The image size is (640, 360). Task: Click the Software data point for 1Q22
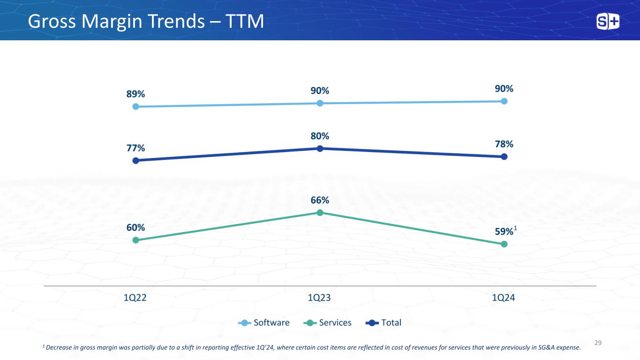[x=136, y=106]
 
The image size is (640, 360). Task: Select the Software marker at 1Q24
[x=504, y=101]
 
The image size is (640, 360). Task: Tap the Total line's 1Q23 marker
[x=320, y=149]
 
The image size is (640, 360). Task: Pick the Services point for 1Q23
[x=320, y=212]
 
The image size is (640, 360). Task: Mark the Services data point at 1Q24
[x=504, y=244]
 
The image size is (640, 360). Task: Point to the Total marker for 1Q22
[x=136, y=161]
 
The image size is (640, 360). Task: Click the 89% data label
[x=136, y=94]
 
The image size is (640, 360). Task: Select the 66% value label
[x=320, y=200]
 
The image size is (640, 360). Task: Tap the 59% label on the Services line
[x=504, y=232]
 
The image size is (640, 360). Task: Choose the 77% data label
[x=136, y=148]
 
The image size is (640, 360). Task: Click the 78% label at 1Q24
[x=504, y=144]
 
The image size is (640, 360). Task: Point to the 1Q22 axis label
[x=135, y=298]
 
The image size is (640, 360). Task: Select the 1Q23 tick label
[x=319, y=298]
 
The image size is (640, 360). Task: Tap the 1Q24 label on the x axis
[x=504, y=298]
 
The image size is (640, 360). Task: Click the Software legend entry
[x=264, y=322]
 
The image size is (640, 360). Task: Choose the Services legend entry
[x=327, y=322]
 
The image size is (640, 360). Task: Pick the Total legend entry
[x=384, y=322]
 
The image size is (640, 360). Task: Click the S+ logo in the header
[x=608, y=22]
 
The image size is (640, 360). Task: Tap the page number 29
[x=598, y=343]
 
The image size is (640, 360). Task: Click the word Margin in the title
[x=112, y=22]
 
